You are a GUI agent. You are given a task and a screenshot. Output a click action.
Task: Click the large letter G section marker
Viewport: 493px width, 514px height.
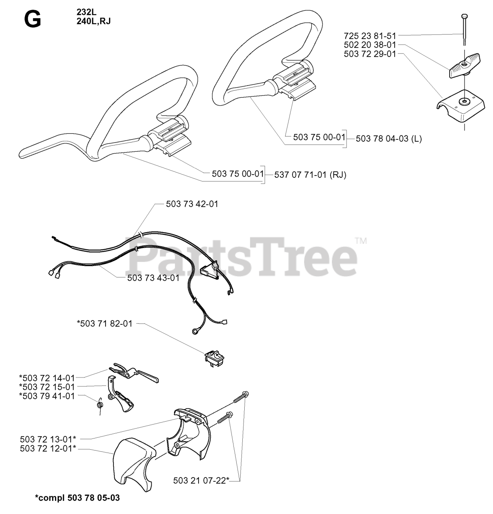coord(32,20)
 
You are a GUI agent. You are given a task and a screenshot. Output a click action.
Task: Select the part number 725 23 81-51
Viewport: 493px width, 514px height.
coord(370,36)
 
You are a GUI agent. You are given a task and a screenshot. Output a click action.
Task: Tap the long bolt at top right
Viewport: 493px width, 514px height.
coord(464,30)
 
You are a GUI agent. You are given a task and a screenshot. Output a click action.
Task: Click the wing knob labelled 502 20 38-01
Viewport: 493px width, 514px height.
coord(465,66)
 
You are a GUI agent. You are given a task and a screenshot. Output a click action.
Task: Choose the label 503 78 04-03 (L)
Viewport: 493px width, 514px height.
coord(389,139)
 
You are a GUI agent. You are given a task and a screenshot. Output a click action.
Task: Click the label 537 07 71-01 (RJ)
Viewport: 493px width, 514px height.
coord(310,175)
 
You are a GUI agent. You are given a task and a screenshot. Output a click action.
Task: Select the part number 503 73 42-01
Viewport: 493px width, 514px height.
coord(192,204)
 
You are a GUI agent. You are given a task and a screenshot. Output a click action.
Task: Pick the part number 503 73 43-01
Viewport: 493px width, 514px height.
coord(153,278)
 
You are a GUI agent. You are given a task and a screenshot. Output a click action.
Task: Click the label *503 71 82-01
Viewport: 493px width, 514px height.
coord(105,324)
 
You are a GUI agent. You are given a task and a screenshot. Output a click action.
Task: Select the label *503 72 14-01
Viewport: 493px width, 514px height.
coord(47,378)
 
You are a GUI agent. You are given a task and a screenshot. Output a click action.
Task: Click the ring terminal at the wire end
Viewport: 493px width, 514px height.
coord(196,331)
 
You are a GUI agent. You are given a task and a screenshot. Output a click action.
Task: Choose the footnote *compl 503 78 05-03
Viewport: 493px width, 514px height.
coord(77,498)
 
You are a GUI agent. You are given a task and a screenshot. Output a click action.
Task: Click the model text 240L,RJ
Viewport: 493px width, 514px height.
coord(93,21)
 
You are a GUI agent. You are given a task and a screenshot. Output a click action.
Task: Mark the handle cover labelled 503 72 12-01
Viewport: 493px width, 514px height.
coord(132,464)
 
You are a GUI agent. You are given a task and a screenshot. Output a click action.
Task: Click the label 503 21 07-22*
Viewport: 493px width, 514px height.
coord(201,480)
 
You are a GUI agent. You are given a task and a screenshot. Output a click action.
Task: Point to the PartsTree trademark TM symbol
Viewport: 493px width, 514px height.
coord(361,241)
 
